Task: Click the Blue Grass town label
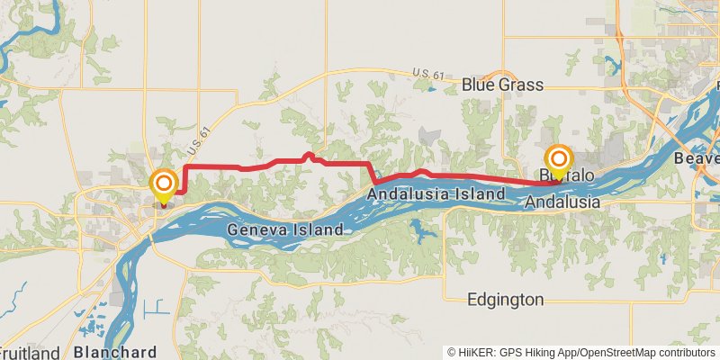point(502,85)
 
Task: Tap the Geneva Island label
point(284,229)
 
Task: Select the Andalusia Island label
point(436,193)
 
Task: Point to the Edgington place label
point(505,300)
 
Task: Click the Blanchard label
point(116,351)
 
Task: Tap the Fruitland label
point(30,352)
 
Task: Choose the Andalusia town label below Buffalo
point(563,202)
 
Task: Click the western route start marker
point(164,186)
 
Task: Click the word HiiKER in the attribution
point(472,352)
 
